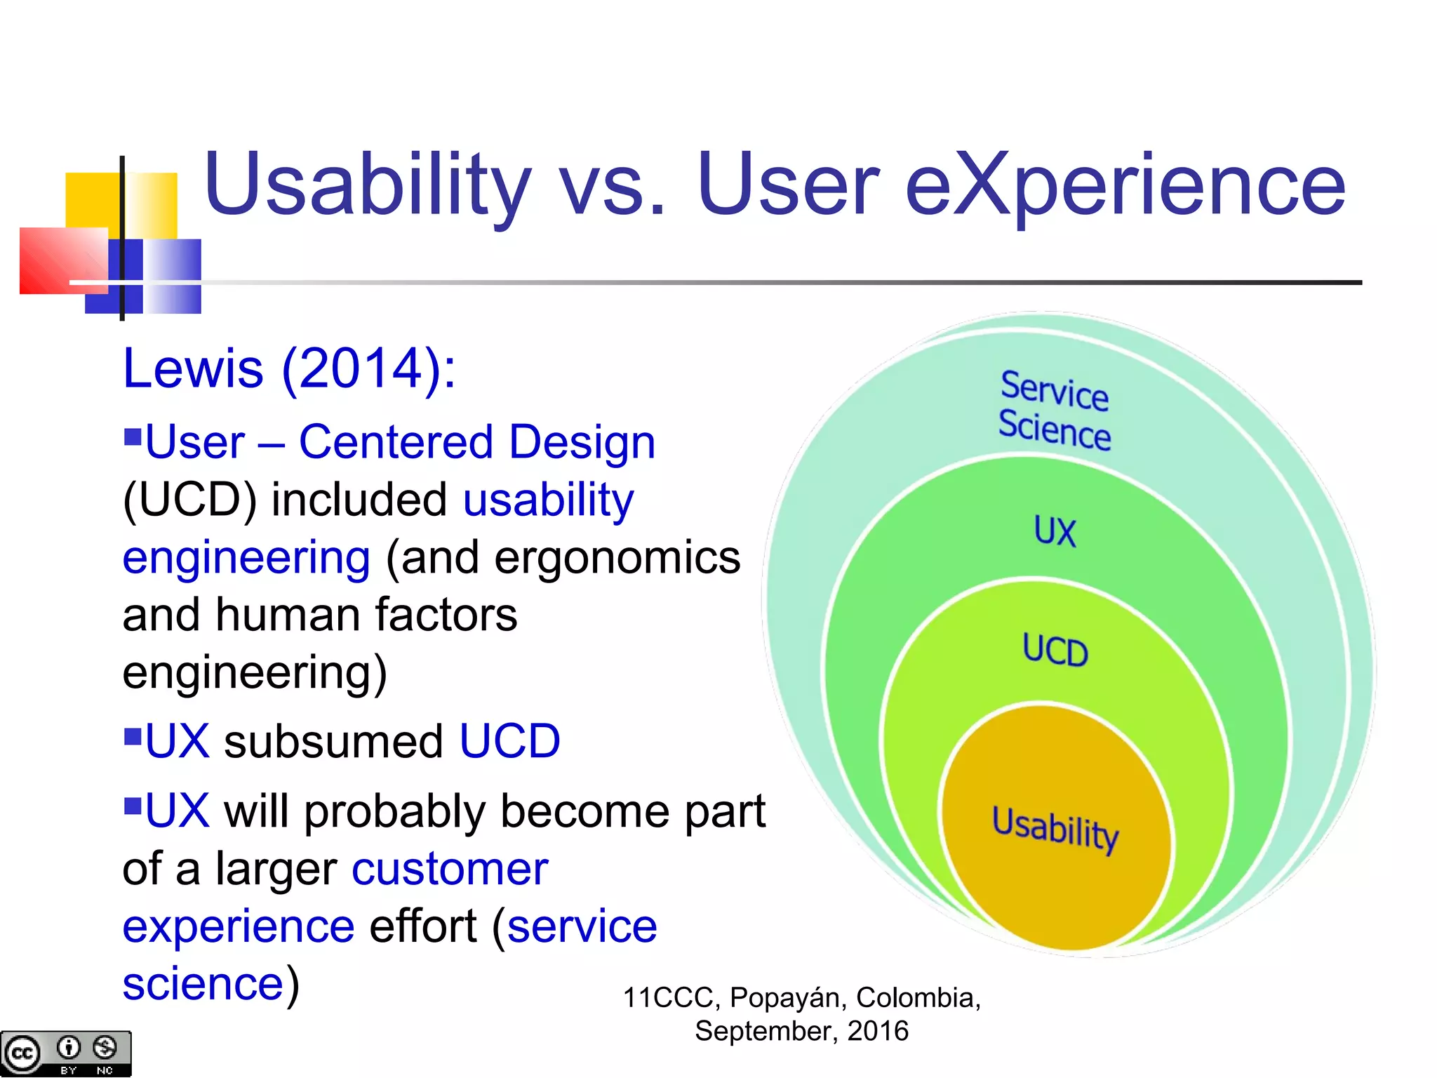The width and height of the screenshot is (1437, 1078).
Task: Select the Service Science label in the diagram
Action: click(1054, 411)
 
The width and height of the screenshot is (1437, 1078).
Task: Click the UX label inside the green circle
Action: click(1054, 531)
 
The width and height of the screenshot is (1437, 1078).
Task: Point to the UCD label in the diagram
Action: click(1055, 650)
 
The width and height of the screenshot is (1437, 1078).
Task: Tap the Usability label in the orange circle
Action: click(1055, 828)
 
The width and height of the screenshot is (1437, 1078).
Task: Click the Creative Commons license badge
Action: click(65, 1053)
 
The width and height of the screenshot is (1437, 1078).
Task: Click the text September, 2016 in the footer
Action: click(801, 1031)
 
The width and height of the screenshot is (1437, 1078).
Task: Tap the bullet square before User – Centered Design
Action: click(133, 437)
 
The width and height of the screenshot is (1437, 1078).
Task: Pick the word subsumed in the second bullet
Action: click(333, 742)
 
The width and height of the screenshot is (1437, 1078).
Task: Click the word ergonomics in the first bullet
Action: click(617, 558)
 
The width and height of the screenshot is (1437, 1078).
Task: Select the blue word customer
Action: click(450, 869)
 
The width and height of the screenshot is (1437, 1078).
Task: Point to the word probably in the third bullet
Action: click(394, 812)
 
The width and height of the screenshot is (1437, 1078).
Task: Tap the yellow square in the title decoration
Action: click(91, 200)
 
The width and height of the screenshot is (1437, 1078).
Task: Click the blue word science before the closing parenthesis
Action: click(203, 984)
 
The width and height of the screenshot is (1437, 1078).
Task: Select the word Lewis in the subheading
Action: click(193, 368)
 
